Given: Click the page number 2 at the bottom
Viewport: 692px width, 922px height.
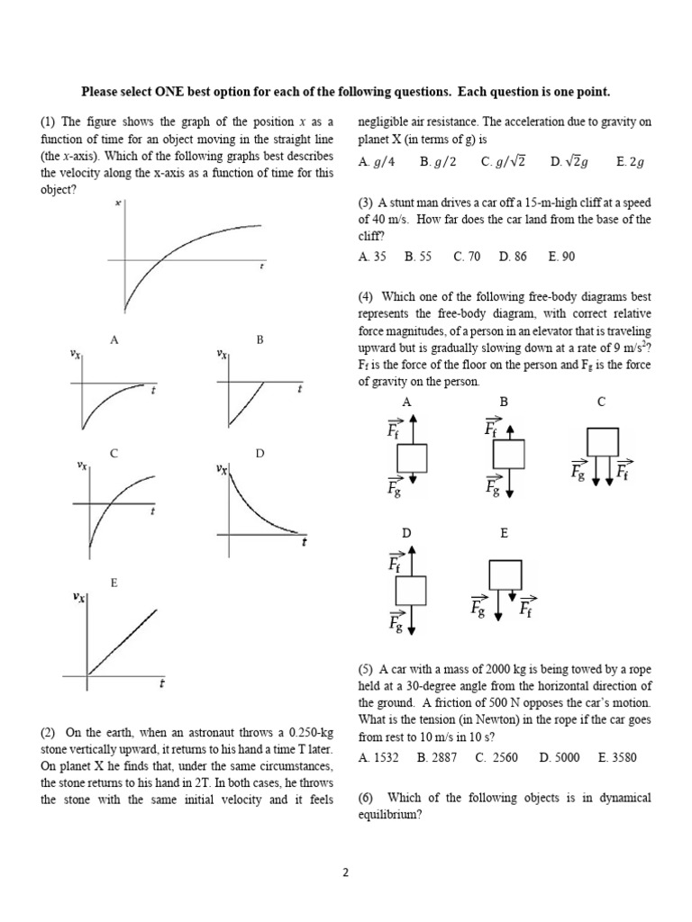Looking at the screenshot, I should tap(345, 872).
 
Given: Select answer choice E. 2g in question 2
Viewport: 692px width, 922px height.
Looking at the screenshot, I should tap(630, 162).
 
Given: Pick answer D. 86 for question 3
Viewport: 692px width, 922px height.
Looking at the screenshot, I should tap(512, 257).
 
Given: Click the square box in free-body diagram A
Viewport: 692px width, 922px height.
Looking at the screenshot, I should tap(410, 457).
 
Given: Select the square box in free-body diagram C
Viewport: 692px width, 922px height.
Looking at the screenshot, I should tap(602, 442).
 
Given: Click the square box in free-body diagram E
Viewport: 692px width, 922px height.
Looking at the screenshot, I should tap(505, 574).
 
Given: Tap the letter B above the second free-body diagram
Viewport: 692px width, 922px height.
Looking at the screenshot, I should tap(504, 402).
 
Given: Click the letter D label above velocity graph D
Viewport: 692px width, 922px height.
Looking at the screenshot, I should tap(259, 453).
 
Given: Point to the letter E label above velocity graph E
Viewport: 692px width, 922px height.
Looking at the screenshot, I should tap(114, 583).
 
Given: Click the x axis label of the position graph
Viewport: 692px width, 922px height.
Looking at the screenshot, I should tap(118, 203).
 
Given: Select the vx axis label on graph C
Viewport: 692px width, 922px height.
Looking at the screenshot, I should tap(82, 466).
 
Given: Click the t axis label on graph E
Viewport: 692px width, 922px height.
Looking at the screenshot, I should tap(161, 685).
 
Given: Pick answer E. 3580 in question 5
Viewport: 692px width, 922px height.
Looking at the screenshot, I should tap(617, 757).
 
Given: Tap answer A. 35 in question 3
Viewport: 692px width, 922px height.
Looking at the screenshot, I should tap(372, 257).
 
